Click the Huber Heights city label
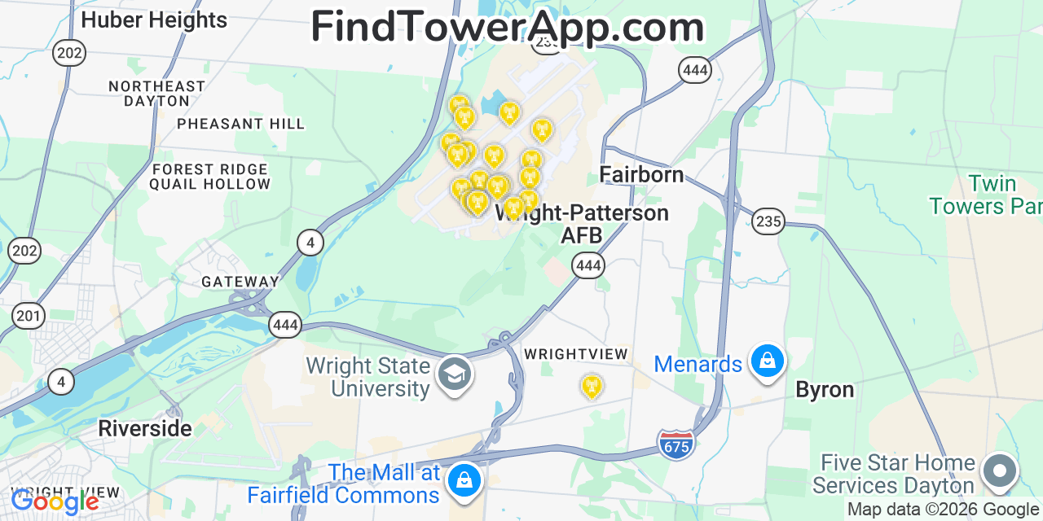coord(154,20)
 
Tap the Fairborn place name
coord(641,174)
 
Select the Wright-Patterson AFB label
coord(582,224)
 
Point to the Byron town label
coord(825,390)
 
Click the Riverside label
coord(145,428)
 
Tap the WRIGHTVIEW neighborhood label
coord(576,354)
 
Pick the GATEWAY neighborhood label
coord(240,282)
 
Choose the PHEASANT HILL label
coord(240,124)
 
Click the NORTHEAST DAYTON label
coord(156,94)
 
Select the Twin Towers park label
coord(986,195)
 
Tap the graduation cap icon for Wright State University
coord(454,374)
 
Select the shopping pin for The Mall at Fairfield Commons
coord(464,479)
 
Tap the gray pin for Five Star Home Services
coord(999,471)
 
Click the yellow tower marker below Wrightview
coord(592,386)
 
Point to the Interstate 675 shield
coord(676,444)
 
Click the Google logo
coord(55,501)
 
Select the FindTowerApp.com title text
coord(507,28)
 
